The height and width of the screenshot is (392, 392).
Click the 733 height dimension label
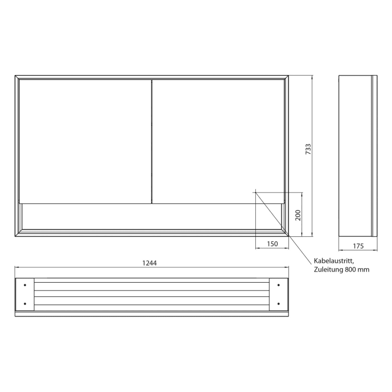point(308,151)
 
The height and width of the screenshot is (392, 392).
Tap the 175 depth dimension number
point(359,245)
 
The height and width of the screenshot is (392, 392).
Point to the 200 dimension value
point(298,215)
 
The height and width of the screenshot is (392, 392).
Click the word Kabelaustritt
point(334,261)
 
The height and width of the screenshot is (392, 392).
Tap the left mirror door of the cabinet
point(85,140)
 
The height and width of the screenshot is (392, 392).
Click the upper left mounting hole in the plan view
point(25,286)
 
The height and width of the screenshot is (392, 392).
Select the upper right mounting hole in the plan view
point(279,286)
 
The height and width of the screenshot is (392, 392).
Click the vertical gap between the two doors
point(152,140)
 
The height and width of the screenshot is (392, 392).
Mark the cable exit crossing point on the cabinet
point(255,192)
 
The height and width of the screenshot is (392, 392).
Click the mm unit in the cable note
point(364,270)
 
